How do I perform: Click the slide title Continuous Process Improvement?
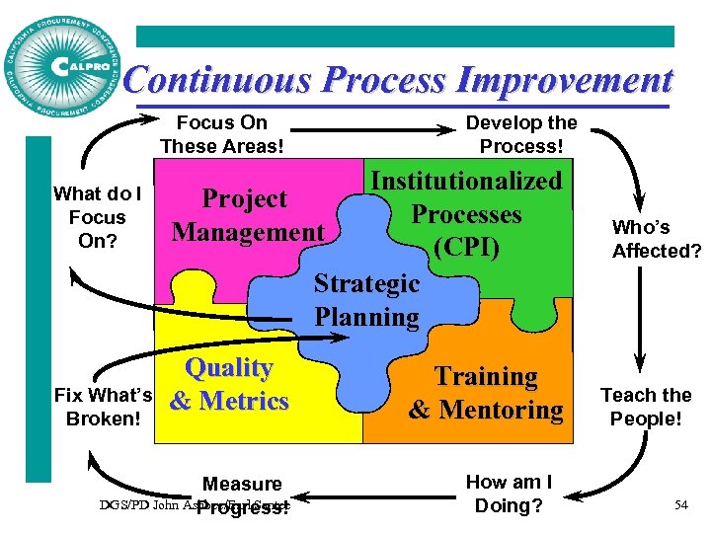click(399, 79)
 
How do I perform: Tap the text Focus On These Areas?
click(221, 134)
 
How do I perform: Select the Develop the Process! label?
click(521, 134)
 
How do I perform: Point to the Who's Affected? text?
click(656, 239)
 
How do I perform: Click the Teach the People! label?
click(647, 407)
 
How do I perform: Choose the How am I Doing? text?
click(509, 494)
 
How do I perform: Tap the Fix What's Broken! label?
click(97, 407)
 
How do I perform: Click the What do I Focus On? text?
click(97, 217)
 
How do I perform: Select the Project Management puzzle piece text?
click(247, 215)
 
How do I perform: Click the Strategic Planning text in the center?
click(366, 300)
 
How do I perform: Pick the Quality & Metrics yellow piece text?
click(229, 384)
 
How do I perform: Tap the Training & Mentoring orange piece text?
click(486, 392)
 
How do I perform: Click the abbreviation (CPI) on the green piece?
click(466, 246)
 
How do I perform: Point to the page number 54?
click(681, 505)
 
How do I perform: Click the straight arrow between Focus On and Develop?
click(374, 130)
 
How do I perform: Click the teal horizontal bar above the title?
click(405, 37)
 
